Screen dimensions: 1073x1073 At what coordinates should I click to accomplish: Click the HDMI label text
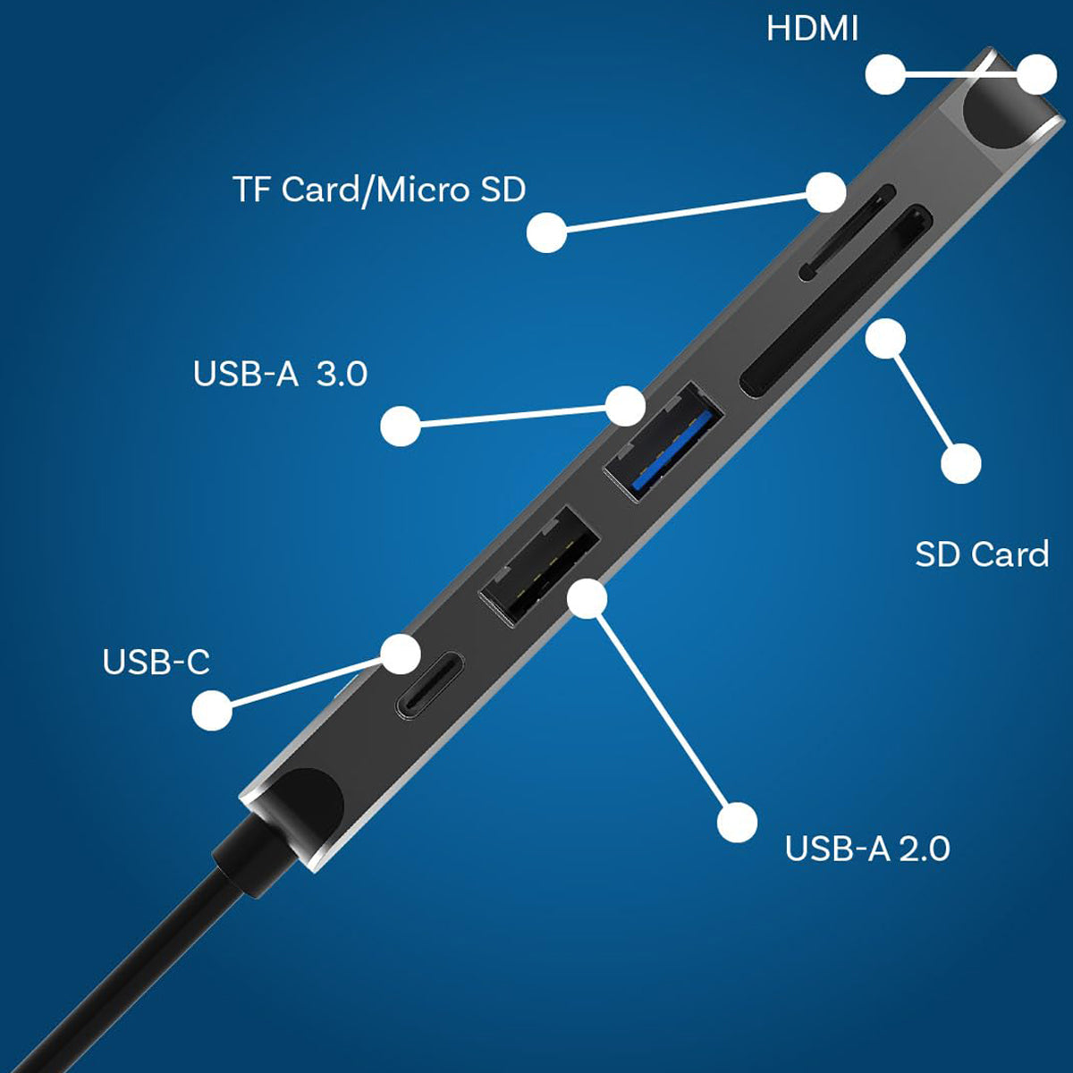pos(812,29)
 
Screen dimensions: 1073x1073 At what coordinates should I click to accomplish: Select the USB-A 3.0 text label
pos(280,373)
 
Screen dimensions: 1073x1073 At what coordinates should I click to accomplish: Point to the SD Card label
pos(982,554)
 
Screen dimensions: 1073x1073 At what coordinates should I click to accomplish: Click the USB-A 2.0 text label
pos(867,849)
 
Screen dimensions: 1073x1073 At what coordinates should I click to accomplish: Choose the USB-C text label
pos(156,662)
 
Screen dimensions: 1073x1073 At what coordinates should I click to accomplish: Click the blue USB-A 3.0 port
pos(663,443)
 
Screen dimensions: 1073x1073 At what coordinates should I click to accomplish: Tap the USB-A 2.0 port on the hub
pos(539,566)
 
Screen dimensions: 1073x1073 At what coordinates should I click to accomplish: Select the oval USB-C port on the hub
pos(429,686)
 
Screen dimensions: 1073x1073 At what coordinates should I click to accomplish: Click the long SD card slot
pos(836,301)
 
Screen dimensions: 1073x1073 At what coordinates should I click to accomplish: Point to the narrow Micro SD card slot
pos(847,232)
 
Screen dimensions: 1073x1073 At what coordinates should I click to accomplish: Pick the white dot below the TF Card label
pos(547,232)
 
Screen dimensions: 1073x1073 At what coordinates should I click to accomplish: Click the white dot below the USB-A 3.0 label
pos(401,426)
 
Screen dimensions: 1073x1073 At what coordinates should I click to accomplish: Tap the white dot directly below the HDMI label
pos(885,74)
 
